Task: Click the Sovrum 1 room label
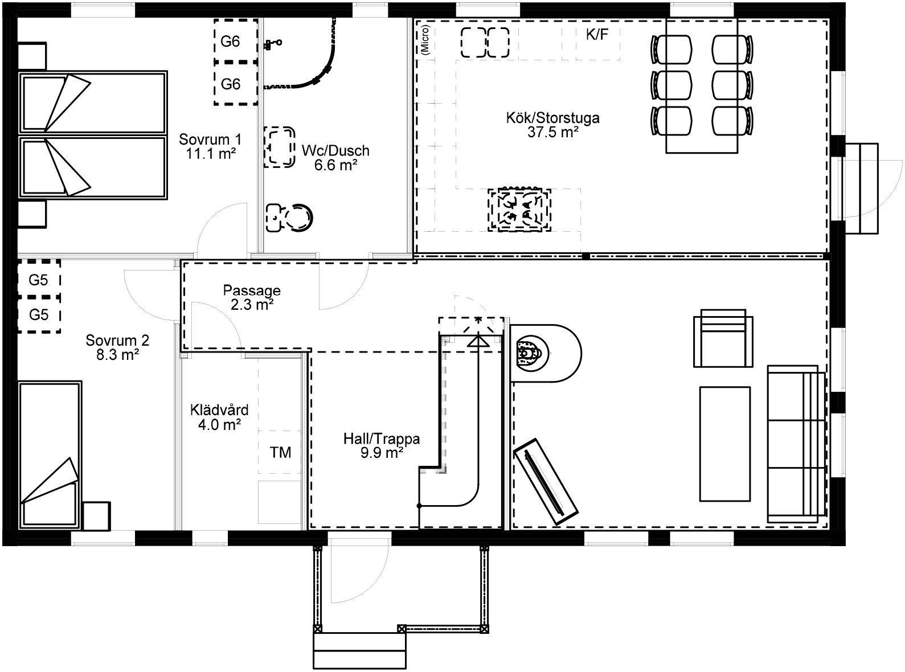tap(210, 146)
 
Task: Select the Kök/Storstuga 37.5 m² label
tap(553, 125)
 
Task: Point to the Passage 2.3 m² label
tap(252, 297)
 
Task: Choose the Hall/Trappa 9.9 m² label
tap(382, 446)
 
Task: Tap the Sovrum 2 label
tap(117, 347)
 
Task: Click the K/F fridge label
tap(597, 35)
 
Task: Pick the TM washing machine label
tap(280, 452)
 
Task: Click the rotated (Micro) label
tap(425, 40)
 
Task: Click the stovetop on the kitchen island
tap(519, 210)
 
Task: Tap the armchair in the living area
tap(723, 338)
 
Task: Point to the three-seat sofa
tap(797, 444)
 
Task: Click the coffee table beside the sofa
tap(725, 444)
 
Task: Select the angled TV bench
tap(546, 481)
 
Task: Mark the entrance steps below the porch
tap(359, 650)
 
